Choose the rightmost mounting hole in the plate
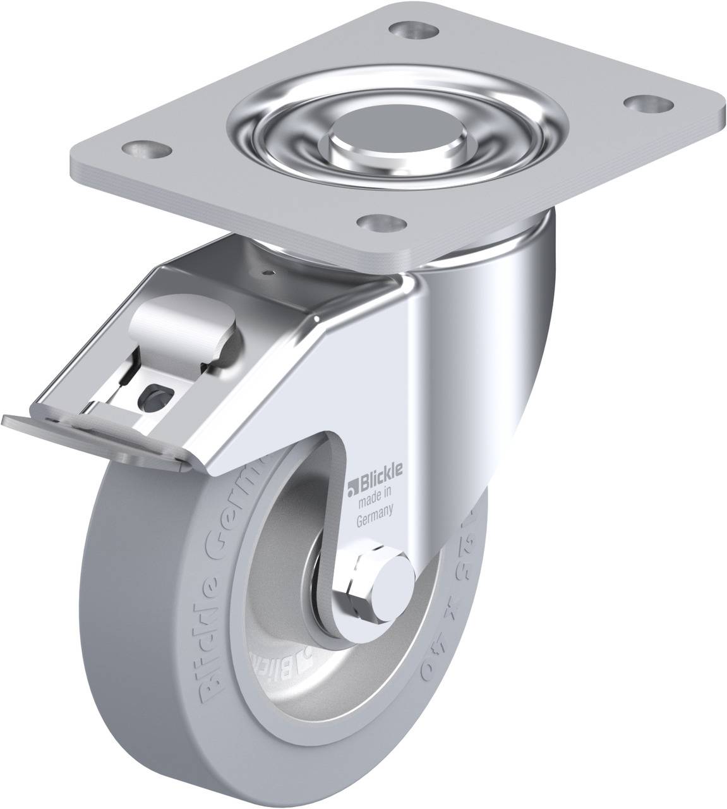[x=644, y=102]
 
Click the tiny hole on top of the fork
[x=272, y=272]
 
